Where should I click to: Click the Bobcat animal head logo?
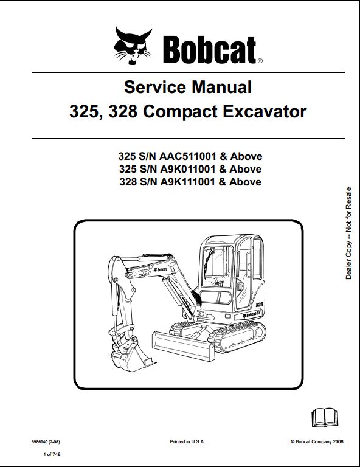click(x=133, y=45)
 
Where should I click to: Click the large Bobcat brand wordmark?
click(x=210, y=50)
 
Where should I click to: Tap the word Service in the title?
click(x=155, y=87)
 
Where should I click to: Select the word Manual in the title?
click(x=222, y=87)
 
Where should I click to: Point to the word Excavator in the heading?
click(x=265, y=112)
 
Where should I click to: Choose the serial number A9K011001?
click(x=187, y=169)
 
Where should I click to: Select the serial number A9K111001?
click(x=187, y=182)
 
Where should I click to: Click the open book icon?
click(x=325, y=417)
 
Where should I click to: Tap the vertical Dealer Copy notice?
click(x=348, y=233)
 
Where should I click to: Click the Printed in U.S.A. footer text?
click(x=187, y=441)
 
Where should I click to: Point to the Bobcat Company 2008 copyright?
click(x=317, y=441)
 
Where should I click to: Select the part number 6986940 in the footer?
click(x=38, y=442)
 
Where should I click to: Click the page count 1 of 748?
click(x=52, y=454)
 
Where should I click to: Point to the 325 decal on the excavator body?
click(x=259, y=305)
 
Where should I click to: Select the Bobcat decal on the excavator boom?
click(x=161, y=270)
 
